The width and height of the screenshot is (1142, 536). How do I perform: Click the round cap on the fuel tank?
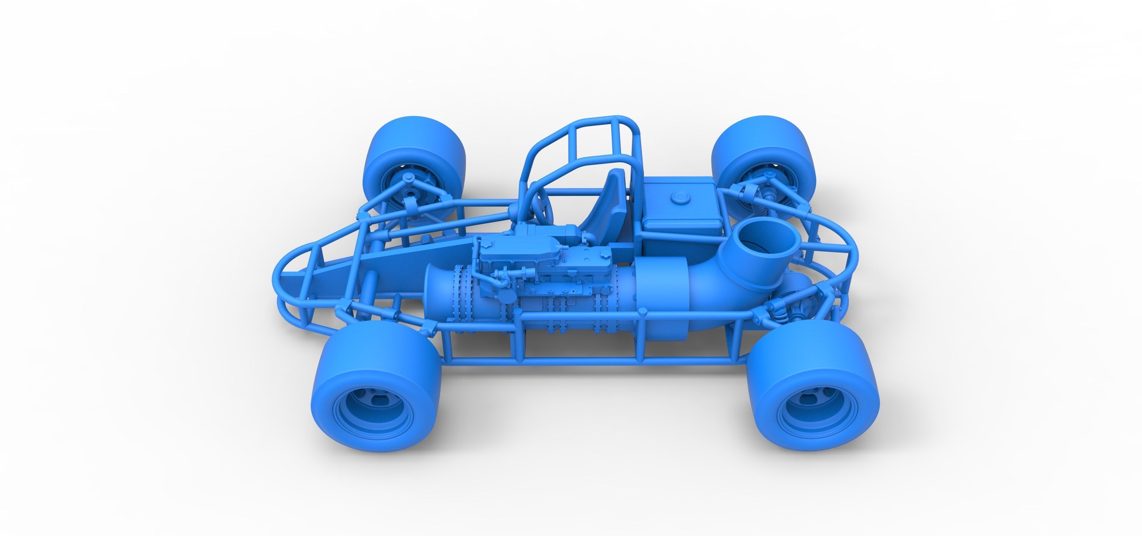(680, 198)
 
